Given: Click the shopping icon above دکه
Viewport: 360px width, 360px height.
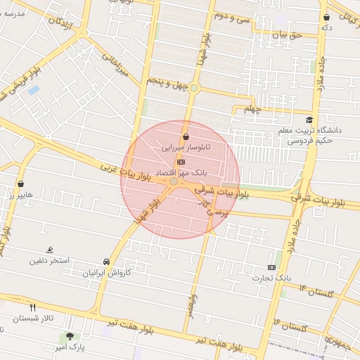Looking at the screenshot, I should coord(327,17).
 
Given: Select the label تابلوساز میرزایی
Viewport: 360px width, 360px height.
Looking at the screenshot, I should coord(186,148).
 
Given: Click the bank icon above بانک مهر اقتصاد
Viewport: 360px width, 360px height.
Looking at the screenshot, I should coord(181,162).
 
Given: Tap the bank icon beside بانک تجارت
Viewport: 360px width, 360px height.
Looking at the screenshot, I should coord(272,267).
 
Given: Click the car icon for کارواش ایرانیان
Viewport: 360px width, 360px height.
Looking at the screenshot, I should coord(105,262).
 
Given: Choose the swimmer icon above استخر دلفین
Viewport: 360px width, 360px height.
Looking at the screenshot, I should coord(49,250).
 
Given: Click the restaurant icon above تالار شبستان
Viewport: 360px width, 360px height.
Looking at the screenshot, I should coord(32,307).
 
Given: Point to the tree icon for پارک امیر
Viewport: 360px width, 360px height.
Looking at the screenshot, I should coord(69,336).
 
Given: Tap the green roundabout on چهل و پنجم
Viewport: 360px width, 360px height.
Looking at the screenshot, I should coord(194,88).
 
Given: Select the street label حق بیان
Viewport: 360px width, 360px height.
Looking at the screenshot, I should coord(286,34).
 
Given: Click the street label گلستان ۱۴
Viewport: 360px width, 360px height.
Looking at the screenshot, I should coord(319,290).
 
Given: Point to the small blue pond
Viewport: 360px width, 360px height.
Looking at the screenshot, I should coord(34,91).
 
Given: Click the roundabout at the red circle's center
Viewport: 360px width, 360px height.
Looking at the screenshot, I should coord(174,181).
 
